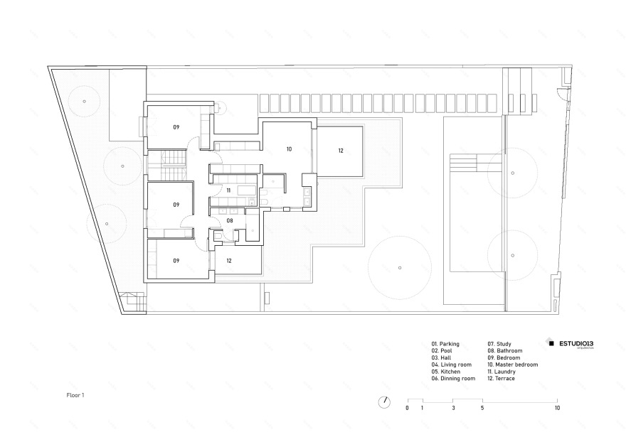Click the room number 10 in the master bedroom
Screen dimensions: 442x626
click(x=289, y=149)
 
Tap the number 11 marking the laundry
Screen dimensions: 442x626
click(x=228, y=190)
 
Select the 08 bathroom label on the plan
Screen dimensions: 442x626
click(x=230, y=221)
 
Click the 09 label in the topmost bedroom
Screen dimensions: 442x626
click(x=176, y=126)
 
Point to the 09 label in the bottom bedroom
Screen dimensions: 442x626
click(x=176, y=261)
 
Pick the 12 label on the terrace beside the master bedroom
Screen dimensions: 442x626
click(x=340, y=151)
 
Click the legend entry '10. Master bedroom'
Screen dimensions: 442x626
click(x=512, y=365)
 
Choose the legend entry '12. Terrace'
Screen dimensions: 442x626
click(x=501, y=379)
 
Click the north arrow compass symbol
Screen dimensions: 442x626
click(x=384, y=401)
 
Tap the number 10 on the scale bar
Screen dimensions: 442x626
click(x=557, y=409)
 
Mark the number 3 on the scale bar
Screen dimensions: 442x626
click(x=452, y=409)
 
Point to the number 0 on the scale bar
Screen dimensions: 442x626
click(x=407, y=409)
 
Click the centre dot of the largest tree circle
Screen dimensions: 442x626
click(x=400, y=268)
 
